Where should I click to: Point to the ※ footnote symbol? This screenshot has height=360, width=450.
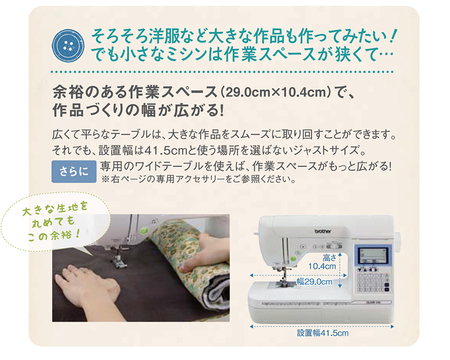click(x=105, y=181)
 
